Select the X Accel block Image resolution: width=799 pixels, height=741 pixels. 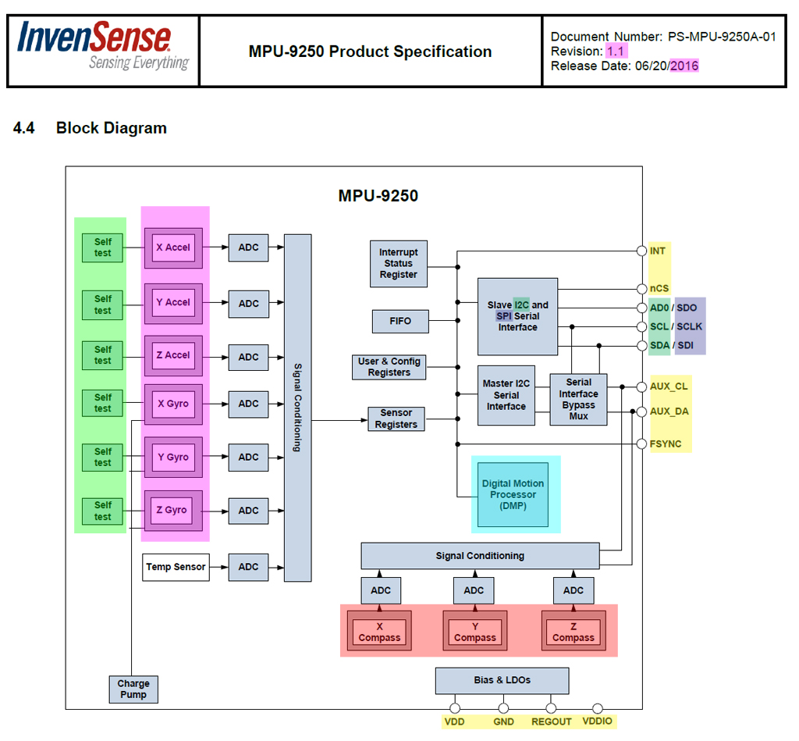[172, 248]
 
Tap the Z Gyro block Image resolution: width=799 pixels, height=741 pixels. [172, 510]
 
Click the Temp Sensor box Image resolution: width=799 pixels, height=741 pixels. [176, 567]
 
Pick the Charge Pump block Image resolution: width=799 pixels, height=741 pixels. [133, 689]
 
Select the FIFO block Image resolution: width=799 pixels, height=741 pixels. [400, 320]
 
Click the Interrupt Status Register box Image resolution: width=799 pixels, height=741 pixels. [399, 263]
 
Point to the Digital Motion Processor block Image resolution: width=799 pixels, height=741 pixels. [513, 495]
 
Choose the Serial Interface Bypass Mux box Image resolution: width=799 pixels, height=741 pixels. [578, 400]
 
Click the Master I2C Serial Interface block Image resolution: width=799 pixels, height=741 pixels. [506, 395]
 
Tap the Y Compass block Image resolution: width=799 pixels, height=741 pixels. [474, 632]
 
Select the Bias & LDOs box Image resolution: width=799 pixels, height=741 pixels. [502, 680]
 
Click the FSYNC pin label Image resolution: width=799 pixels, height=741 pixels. [666, 444]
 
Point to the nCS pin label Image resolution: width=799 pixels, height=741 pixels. [659, 288]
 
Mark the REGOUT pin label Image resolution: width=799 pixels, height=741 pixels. [552, 722]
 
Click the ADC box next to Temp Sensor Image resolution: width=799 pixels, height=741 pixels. [248, 567]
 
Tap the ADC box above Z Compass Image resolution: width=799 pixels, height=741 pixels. [574, 590]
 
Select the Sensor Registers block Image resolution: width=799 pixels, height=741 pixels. [396, 419]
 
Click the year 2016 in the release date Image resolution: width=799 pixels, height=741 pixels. [684, 66]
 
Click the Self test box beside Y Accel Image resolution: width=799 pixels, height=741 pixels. [103, 305]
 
